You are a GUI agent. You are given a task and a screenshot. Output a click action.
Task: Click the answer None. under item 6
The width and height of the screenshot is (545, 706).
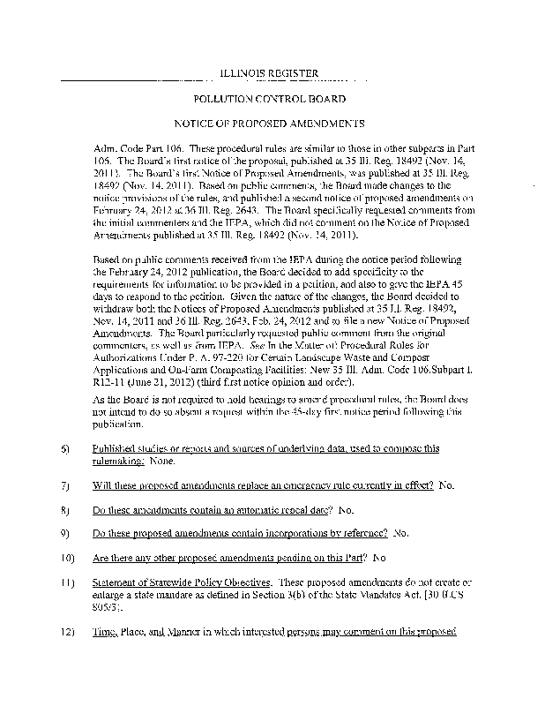[x=159, y=461]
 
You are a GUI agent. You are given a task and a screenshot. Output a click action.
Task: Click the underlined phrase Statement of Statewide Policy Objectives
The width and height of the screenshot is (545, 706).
[x=183, y=583]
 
